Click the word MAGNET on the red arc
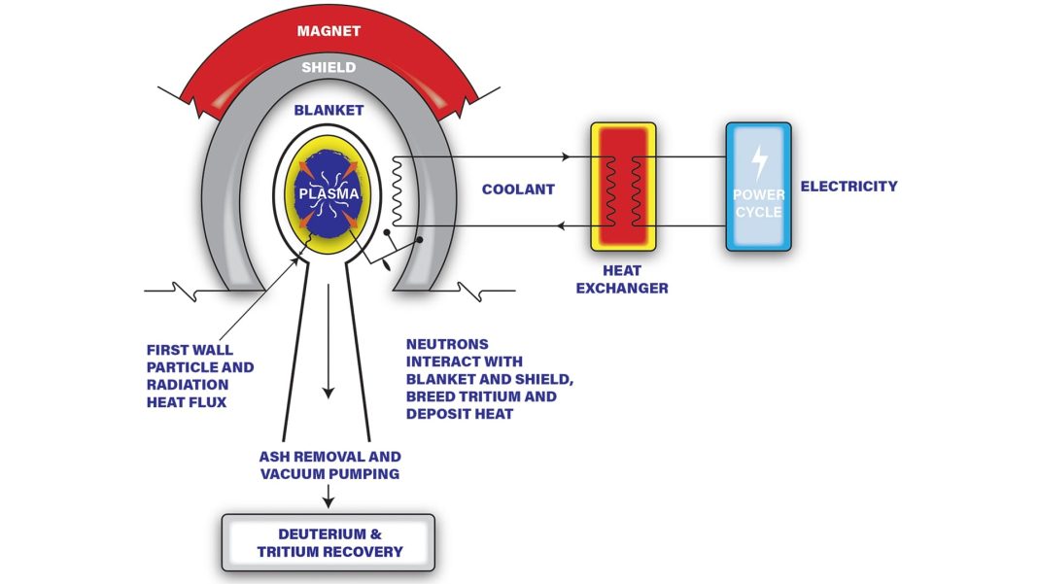click(x=329, y=31)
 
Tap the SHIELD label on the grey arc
click(x=329, y=68)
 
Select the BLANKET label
click(x=329, y=111)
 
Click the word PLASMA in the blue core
click(x=329, y=193)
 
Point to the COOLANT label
click(x=518, y=189)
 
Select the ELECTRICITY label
click(x=848, y=186)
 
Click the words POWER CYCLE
click(x=758, y=202)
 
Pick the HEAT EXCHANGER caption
click(x=622, y=280)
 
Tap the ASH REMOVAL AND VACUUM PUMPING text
click(x=329, y=465)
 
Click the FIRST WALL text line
click(x=190, y=350)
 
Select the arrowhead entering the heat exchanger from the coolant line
click(x=565, y=156)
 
